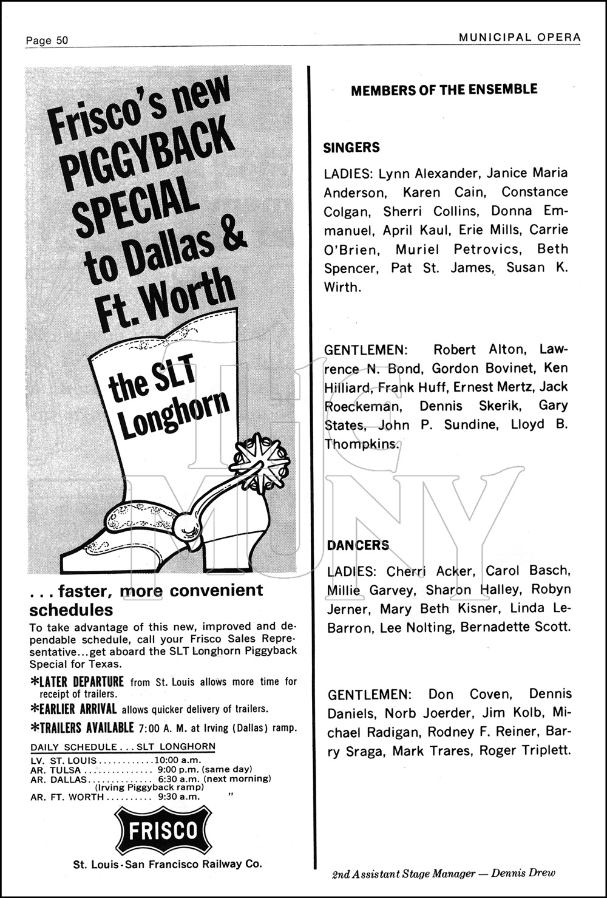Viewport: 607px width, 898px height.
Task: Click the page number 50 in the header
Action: (x=61, y=41)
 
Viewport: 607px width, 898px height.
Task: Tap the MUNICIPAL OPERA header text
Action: (x=520, y=38)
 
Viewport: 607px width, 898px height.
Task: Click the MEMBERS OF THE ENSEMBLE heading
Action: (x=444, y=90)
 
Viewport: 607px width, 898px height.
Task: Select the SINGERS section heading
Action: (x=351, y=148)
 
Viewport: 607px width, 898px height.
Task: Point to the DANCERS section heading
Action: (x=358, y=545)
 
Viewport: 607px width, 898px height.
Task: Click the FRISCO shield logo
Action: (x=163, y=830)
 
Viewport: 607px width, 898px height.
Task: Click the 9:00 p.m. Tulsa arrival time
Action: (x=175, y=769)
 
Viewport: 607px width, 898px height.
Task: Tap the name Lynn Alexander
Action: (x=430, y=173)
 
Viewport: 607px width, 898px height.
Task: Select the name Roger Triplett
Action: (x=525, y=750)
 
